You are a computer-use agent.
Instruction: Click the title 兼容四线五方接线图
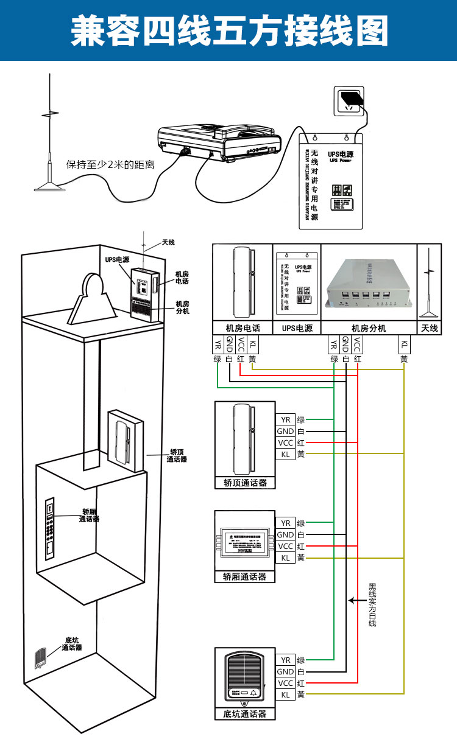[x=228, y=31]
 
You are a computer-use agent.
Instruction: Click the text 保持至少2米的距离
[x=110, y=164]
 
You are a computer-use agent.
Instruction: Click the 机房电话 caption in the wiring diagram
[x=242, y=328]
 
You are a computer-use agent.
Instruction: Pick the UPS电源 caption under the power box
[x=297, y=328]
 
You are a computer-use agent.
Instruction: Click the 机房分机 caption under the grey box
[x=369, y=328]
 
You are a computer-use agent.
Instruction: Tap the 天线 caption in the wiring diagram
[x=430, y=328]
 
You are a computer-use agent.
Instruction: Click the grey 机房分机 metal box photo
[x=368, y=283]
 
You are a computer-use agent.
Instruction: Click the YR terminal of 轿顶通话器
[x=285, y=419]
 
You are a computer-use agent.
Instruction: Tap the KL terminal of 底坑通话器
[x=285, y=694]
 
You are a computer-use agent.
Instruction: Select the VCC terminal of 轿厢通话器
[x=285, y=546]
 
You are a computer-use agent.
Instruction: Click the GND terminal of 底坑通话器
[x=285, y=671]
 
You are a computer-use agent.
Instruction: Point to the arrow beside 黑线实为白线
[x=356, y=600]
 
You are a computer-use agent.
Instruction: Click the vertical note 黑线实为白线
[x=372, y=605]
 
